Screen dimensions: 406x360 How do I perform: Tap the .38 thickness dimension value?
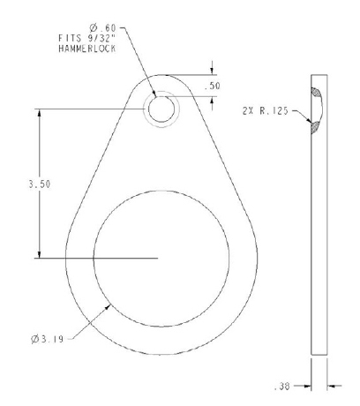point(281,387)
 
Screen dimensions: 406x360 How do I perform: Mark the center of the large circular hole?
point(162,258)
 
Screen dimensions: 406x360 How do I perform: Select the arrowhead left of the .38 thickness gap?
point(309,386)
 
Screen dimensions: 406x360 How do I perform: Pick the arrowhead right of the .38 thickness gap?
point(331,386)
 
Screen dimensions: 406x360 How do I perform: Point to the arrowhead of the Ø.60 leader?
point(158,97)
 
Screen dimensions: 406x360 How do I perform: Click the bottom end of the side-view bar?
point(320,355)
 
